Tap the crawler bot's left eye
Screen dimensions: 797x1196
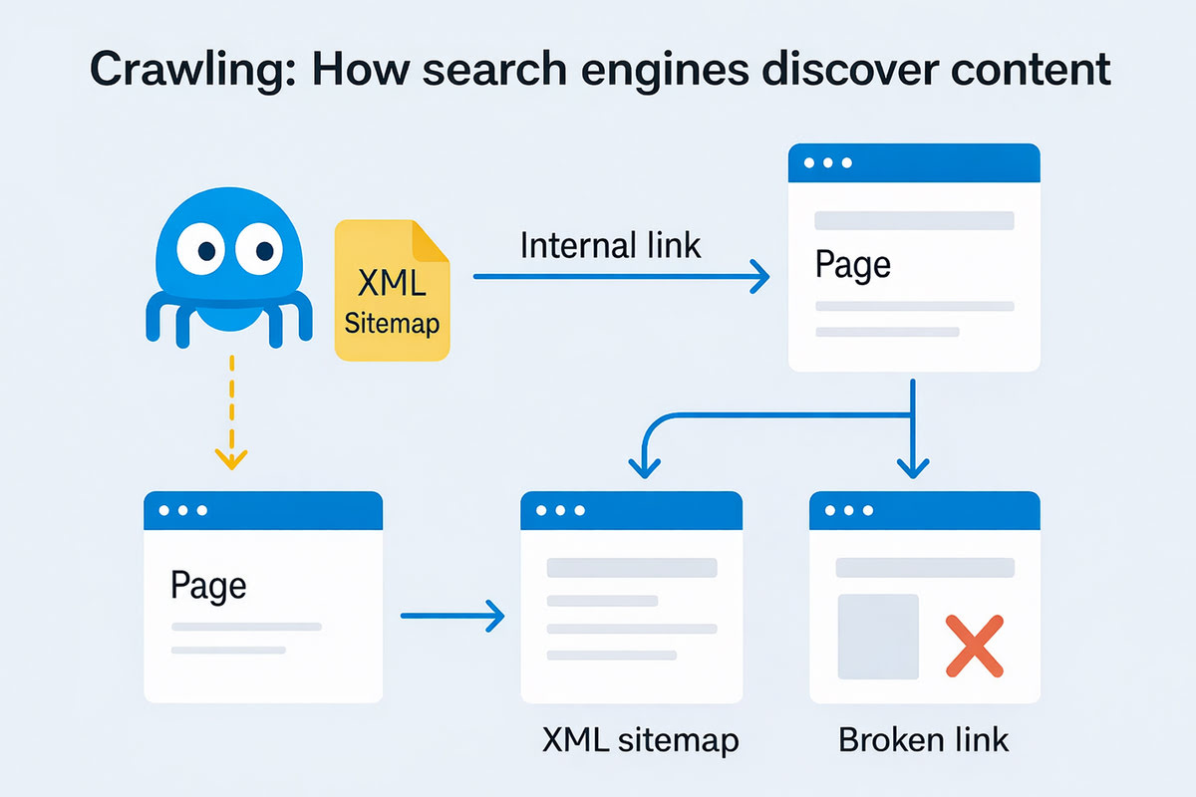point(205,245)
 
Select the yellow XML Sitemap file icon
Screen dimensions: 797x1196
point(393,290)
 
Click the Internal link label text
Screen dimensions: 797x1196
point(611,244)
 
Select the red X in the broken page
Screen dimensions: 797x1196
point(974,646)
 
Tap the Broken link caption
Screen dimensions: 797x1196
point(923,740)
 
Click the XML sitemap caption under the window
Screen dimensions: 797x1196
point(641,740)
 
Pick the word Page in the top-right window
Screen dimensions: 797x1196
point(852,265)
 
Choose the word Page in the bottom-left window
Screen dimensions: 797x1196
point(208,584)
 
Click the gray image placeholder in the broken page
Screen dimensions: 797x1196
point(878,637)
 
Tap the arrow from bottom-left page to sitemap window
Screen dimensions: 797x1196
point(453,616)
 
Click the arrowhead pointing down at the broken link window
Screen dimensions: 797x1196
point(913,464)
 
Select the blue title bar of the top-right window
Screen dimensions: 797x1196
point(914,162)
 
